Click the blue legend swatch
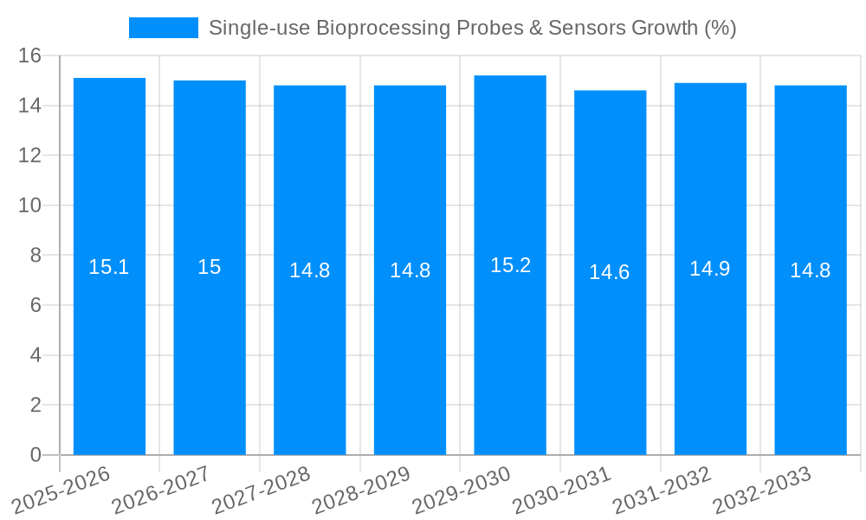[x=163, y=28]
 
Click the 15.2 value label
[x=510, y=265]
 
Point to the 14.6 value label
[x=610, y=272]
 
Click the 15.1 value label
[x=109, y=267]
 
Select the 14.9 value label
[x=710, y=269]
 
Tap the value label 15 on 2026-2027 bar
[x=210, y=267]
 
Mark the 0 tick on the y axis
[x=36, y=455]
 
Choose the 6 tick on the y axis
[x=36, y=305]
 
